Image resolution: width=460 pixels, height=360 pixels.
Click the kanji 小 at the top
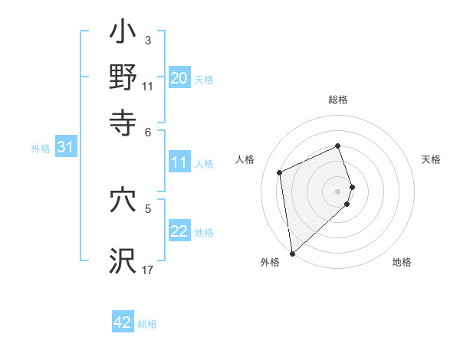click(x=123, y=34)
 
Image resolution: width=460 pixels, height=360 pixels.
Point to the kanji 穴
click(x=123, y=200)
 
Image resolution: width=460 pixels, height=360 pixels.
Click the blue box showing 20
click(x=179, y=78)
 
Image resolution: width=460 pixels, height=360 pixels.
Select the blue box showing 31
click(x=65, y=148)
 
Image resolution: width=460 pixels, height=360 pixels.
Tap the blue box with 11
click(x=179, y=162)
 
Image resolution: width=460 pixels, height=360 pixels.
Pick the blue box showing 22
click(x=179, y=231)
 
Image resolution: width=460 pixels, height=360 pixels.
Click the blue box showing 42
click(x=123, y=322)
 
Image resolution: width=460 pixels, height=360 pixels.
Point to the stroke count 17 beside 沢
click(x=147, y=270)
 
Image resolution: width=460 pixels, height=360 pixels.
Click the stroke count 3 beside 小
click(x=147, y=40)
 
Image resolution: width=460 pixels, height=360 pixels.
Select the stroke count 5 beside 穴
click(x=148, y=208)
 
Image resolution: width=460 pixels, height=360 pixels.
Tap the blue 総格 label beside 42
click(x=147, y=324)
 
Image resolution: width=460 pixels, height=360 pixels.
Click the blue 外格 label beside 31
click(x=40, y=149)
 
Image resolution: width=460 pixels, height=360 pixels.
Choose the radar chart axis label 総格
click(x=338, y=100)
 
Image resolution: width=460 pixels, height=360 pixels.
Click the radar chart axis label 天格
click(x=431, y=159)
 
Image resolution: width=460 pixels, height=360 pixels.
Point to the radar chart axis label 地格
click(x=402, y=263)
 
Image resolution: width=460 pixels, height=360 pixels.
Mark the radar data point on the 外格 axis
click(x=291, y=253)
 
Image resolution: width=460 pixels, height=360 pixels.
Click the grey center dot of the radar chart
click(x=338, y=191)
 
